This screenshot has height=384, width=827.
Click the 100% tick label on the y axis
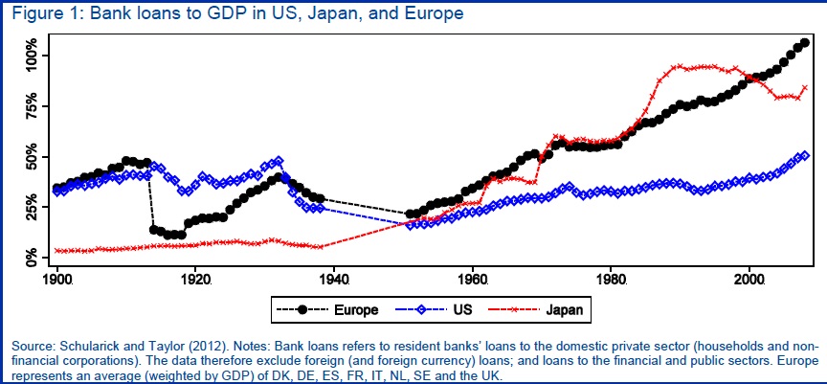coord(30,51)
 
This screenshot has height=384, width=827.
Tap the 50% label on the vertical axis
coord(30,157)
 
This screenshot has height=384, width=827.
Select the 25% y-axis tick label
coord(30,208)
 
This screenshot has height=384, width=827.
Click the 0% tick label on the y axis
coord(30,257)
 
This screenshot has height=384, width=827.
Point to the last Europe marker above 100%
coord(805,42)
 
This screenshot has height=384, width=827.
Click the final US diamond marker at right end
coord(805,155)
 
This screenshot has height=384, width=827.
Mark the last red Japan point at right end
coord(805,87)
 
